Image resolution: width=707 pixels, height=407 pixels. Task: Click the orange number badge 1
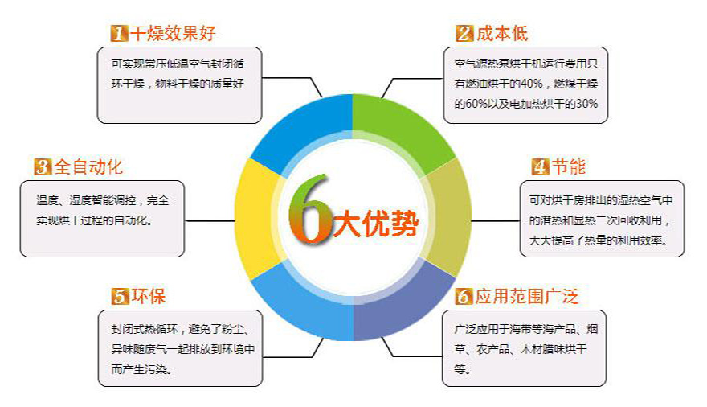point(120,34)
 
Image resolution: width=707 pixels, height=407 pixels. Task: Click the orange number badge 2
point(465,34)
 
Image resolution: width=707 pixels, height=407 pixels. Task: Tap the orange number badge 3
point(43,166)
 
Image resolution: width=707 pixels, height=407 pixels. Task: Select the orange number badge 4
point(540,166)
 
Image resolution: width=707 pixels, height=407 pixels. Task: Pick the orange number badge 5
point(120,296)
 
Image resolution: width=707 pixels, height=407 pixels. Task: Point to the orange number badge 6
point(464,296)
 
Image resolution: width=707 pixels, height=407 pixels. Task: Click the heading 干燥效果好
point(174,34)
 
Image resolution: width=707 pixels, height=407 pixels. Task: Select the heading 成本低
point(502,34)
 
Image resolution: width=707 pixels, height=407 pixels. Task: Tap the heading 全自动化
point(88,166)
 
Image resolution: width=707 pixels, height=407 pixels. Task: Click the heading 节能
point(569,166)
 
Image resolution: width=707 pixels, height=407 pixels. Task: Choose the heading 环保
point(149,296)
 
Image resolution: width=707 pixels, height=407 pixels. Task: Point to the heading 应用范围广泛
point(527,296)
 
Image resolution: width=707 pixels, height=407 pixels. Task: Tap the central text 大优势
point(376,223)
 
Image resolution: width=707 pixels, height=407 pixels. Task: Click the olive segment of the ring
point(448,216)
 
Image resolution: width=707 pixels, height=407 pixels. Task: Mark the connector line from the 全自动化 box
point(210,221)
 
